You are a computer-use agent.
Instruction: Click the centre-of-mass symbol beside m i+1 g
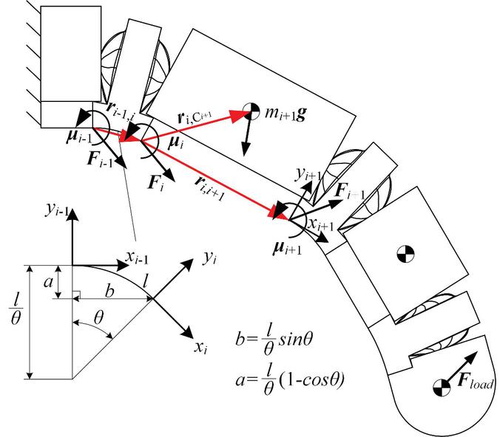[252, 111]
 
